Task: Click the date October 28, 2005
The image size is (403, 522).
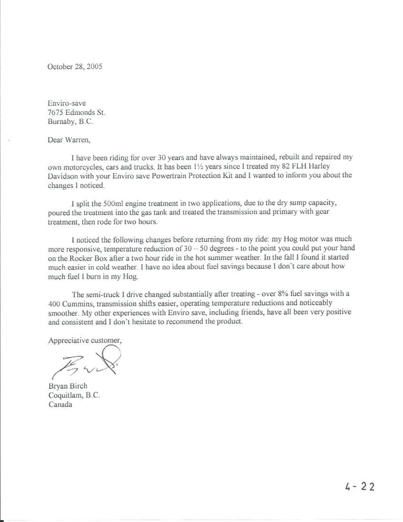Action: click(x=75, y=66)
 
